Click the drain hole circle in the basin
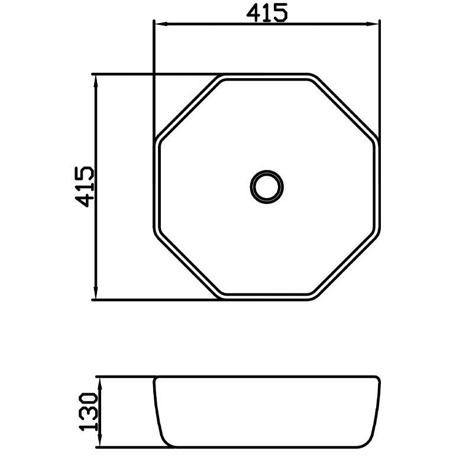coord(267,171)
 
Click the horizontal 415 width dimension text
coord(267,12)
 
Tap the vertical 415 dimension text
coord(85,187)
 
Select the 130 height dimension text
coord(88,412)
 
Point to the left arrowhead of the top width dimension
coord(161,24)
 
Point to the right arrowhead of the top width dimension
coord(373,24)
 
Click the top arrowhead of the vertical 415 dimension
coord(95,82)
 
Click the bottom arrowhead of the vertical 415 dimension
coord(95,292)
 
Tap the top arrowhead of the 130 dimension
coord(99,384)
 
